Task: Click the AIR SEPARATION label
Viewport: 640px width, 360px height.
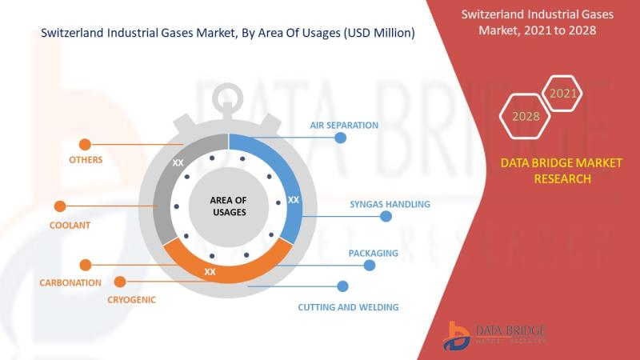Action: (344, 126)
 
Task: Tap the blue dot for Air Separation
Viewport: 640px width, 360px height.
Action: (341, 138)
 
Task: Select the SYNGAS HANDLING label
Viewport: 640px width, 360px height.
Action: (390, 204)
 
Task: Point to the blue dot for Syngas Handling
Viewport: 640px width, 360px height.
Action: (386, 216)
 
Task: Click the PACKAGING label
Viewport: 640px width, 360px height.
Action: (373, 253)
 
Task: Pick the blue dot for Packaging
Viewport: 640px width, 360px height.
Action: (370, 266)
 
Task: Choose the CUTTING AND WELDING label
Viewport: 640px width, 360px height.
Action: (348, 307)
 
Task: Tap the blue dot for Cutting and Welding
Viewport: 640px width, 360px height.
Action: (343, 286)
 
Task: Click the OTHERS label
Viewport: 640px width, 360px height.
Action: (86, 159)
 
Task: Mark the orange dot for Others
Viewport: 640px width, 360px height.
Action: (85, 145)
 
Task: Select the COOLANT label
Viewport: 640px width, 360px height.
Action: (70, 225)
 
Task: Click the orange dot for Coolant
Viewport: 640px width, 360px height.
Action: (60, 206)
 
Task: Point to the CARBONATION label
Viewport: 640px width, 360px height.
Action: (70, 282)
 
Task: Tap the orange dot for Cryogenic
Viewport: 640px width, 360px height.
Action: (120, 282)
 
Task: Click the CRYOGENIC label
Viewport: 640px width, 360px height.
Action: (131, 299)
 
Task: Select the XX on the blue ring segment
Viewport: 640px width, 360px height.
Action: (294, 199)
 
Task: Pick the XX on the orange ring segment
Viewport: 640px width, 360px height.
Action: (210, 272)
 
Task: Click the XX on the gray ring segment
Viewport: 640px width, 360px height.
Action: (178, 163)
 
